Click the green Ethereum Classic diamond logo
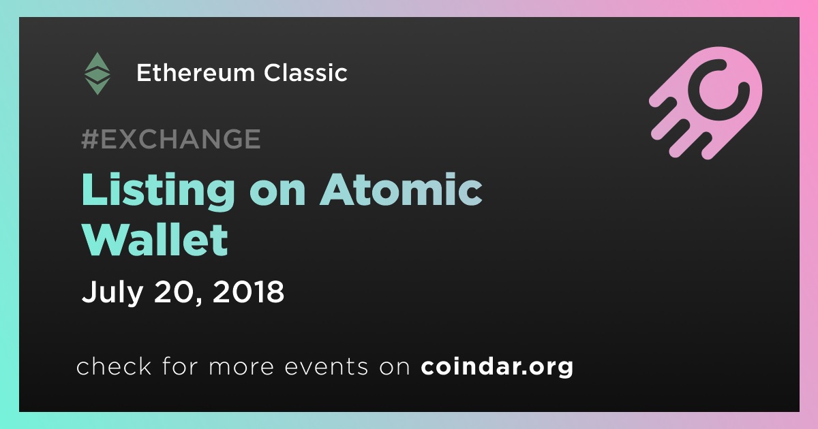[x=97, y=74]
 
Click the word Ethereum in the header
[x=196, y=73]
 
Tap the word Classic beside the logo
[x=305, y=73]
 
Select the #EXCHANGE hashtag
[x=171, y=139]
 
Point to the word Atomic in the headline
[x=401, y=190]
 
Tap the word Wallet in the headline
[x=155, y=240]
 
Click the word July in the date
[x=112, y=293]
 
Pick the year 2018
[x=248, y=291]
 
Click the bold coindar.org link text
[x=497, y=367]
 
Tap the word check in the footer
[x=114, y=366]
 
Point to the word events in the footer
[x=327, y=366]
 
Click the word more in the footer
[x=241, y=368]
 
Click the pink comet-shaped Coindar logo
[x=706, y=103]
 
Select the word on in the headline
[x=277, y=193]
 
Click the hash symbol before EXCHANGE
[x=90, y=139]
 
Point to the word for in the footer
[x=180, y=366]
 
